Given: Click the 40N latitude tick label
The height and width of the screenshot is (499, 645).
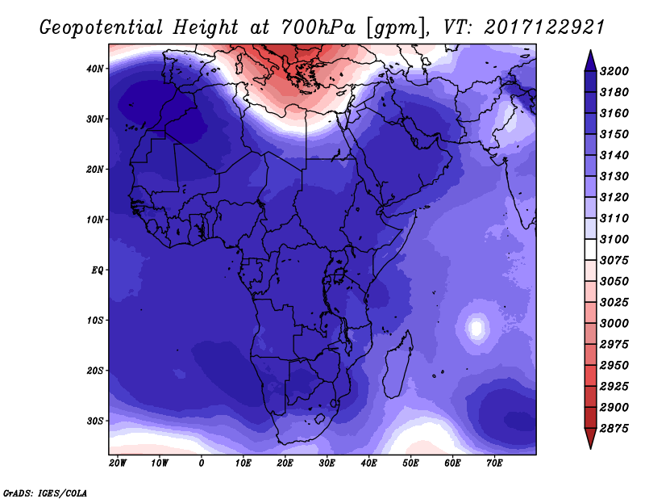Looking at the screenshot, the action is tap(95, 69).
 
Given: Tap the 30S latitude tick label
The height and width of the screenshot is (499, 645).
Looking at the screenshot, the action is tap(95, 421).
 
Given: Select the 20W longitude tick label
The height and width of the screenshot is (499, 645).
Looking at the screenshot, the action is tap(118, 463).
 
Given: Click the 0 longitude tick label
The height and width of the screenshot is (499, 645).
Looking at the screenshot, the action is tap(201, 463).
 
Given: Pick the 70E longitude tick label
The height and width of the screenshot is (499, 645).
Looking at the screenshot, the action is tap(494, 463).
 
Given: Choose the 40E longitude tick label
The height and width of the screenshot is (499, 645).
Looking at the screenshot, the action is tap(368, 463).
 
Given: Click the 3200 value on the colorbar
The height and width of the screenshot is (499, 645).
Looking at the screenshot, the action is tap(614, 71).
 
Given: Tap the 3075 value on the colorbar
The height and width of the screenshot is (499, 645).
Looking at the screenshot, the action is tap(614, 261).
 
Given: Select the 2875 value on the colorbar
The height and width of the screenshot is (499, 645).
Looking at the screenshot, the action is tap(614, 429).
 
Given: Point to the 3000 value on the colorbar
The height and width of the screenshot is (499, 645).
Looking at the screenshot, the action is tap(614, 324).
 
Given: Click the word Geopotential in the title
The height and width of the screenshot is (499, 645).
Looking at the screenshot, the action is tap(102, 28).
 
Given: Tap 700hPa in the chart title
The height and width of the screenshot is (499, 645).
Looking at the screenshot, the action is tap(318, 27).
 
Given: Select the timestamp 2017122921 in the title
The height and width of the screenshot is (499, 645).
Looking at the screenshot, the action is tap(544, 27).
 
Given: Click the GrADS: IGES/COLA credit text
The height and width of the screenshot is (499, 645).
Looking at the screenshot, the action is tap(45, 493).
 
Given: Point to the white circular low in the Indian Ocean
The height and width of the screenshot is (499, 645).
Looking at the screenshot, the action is tap(476, 328).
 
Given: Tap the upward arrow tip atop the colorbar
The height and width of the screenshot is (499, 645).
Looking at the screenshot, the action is tap(590, 51).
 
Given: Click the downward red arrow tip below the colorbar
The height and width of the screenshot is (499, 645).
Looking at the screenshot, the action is tap(590, 447).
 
